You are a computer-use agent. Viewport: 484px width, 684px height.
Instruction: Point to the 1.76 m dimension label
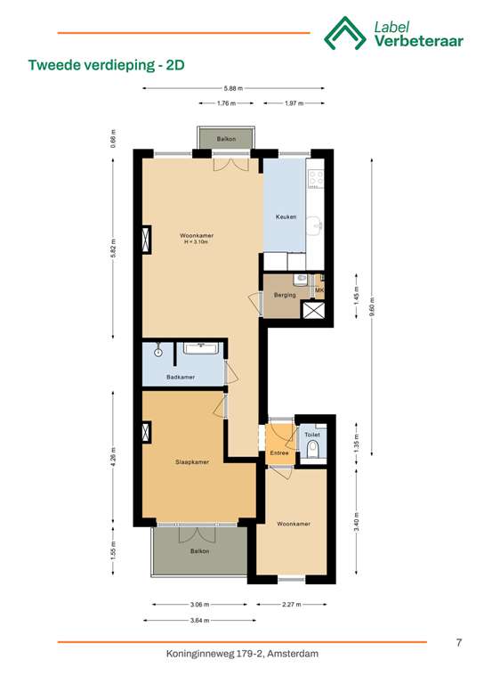point(227,103)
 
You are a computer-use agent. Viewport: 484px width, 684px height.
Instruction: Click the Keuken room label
point(286,217)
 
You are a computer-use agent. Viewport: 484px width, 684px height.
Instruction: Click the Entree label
point(279,454)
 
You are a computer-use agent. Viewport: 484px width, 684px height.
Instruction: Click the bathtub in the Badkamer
point(202,348)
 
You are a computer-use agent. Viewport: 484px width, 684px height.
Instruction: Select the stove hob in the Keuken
point(315,177)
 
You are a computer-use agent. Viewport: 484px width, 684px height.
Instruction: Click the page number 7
point(457,642)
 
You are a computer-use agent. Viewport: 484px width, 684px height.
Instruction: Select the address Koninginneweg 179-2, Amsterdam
point(242,655)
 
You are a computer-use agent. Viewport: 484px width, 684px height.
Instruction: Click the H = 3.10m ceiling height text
point(197,242)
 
